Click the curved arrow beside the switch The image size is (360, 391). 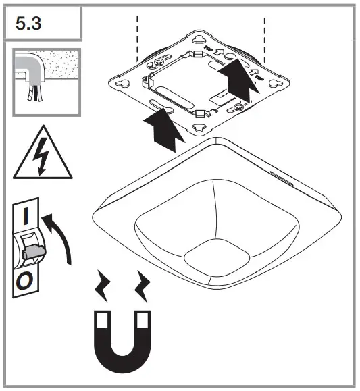tap(61, 236)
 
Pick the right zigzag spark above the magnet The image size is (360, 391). tap(143, 286)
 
